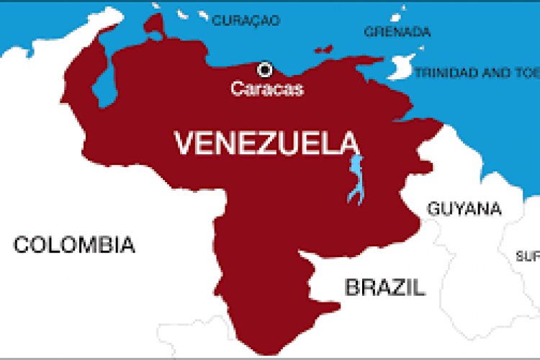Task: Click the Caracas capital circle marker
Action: (265, 70)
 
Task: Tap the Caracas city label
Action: (267, 89)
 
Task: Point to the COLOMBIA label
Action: (74, 245)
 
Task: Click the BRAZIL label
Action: (384, 288)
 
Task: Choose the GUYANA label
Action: (464, 209)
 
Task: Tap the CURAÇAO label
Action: (246, 22)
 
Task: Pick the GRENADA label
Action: (397, 32)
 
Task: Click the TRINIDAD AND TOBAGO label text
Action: (476, 73)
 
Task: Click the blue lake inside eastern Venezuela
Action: (355, 180)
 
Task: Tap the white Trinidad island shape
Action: (400, 69)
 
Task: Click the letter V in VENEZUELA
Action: (185, 143)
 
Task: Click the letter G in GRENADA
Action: (368, 32)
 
